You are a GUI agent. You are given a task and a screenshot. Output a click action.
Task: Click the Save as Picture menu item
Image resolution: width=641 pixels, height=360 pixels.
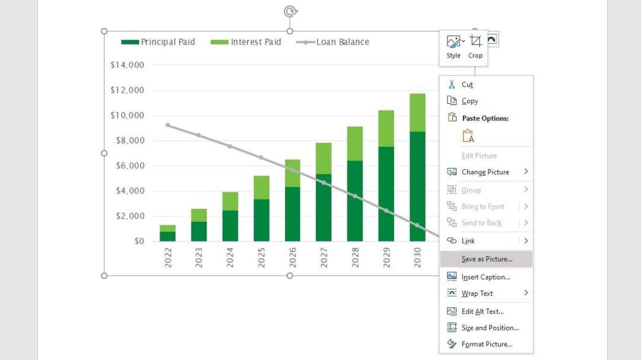point(486,259)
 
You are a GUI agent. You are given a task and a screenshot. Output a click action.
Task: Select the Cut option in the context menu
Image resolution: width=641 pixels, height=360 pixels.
point(467,85)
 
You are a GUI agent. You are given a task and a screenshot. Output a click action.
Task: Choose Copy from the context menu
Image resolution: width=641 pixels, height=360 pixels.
point(469,101)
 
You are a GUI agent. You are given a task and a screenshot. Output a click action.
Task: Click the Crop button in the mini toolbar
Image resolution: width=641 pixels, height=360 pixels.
point(475,46)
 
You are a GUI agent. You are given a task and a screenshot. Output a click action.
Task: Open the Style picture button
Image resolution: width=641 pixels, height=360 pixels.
point(453,46)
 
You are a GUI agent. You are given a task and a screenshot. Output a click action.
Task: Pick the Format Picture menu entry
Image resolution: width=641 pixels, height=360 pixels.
point(486,344)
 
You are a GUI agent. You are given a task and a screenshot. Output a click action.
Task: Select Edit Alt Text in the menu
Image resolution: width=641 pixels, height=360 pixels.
point(482,311)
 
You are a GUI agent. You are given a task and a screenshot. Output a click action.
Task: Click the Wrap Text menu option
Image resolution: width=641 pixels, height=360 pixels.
point(477,294)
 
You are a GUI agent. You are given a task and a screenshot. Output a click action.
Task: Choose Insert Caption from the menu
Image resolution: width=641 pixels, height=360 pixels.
point(485,277)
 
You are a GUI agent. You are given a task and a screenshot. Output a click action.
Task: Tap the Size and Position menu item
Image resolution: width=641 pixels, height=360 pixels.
point(490,328)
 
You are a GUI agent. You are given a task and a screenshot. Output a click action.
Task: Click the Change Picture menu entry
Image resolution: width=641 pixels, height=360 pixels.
point(485,172)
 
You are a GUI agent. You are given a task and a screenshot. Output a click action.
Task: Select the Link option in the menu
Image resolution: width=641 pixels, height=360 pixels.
point(468,241)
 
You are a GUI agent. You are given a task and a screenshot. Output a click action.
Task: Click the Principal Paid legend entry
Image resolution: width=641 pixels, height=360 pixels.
point(158,42)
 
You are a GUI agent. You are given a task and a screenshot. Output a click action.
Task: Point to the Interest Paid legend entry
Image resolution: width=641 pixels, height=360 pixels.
point(246,42)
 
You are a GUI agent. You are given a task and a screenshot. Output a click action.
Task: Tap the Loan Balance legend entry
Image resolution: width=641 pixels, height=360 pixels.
point(332,42)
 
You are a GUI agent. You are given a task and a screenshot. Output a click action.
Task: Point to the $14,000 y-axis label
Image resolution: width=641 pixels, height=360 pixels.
point(127,65)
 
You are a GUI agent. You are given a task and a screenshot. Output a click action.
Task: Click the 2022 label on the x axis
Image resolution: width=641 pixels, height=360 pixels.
point(168,258)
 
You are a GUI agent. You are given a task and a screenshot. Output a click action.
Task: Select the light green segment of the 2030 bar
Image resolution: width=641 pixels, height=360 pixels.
point(417,113)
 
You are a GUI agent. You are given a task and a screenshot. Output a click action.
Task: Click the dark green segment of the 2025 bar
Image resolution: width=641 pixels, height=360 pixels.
point(261,220)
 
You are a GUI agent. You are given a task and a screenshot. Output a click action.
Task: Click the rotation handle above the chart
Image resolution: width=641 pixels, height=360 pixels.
point(290,11)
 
